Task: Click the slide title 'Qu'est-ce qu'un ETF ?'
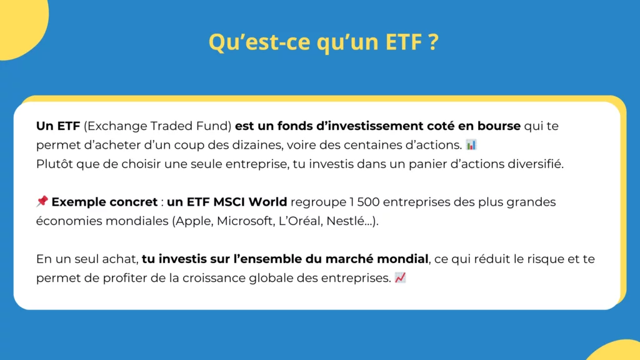click(x=323, y=42)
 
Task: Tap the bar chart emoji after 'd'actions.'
click(x=471, y=145)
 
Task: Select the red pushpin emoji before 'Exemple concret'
click(x=42, y=201)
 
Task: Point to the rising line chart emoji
click(x=401, y=277)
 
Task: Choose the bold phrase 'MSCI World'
click(x=256, y=202)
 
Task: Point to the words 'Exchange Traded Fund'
click(x=157, y=126)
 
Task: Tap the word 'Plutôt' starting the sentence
click(x=54, y=164)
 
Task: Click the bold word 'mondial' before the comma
click(x=407, y=259)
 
